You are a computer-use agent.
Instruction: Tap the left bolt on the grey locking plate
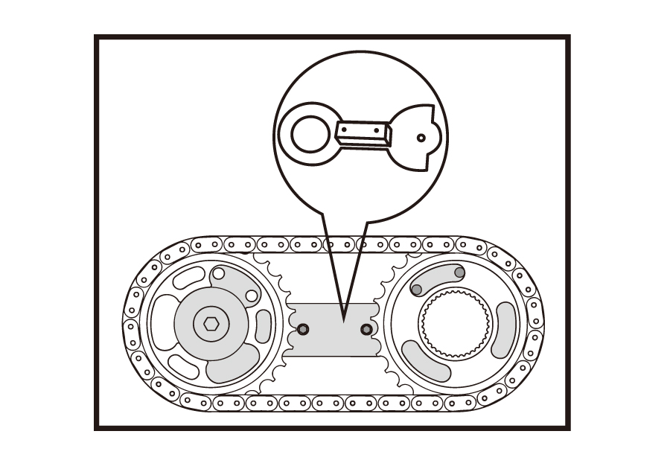coord(302,329)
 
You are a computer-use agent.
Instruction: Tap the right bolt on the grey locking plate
coord(366,329)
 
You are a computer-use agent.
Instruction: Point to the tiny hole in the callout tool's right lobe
coord(421,138)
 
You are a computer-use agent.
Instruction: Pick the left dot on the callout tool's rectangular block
coord(344,130)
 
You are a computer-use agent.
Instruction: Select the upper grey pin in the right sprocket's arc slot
coord(459,272)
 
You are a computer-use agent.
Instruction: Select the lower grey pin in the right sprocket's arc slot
coord(417,289)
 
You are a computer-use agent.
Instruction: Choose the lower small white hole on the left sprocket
coord(252,296)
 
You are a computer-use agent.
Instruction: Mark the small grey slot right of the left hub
coord(264,326)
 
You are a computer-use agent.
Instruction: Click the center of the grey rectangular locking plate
coord(334,329)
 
